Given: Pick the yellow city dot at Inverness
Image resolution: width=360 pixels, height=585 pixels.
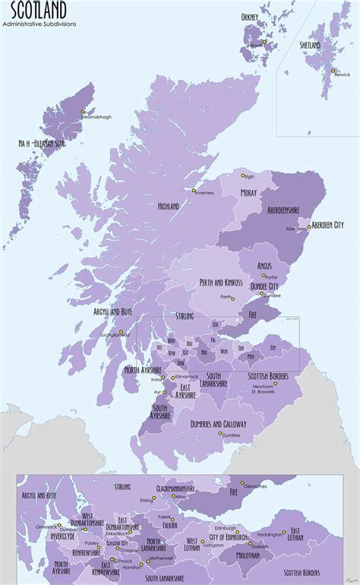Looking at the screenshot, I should coord(194,190).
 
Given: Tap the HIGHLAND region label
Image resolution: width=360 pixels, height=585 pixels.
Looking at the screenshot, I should coord(168,206).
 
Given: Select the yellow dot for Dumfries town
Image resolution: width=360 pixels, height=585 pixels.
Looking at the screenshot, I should coord(219,433).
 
